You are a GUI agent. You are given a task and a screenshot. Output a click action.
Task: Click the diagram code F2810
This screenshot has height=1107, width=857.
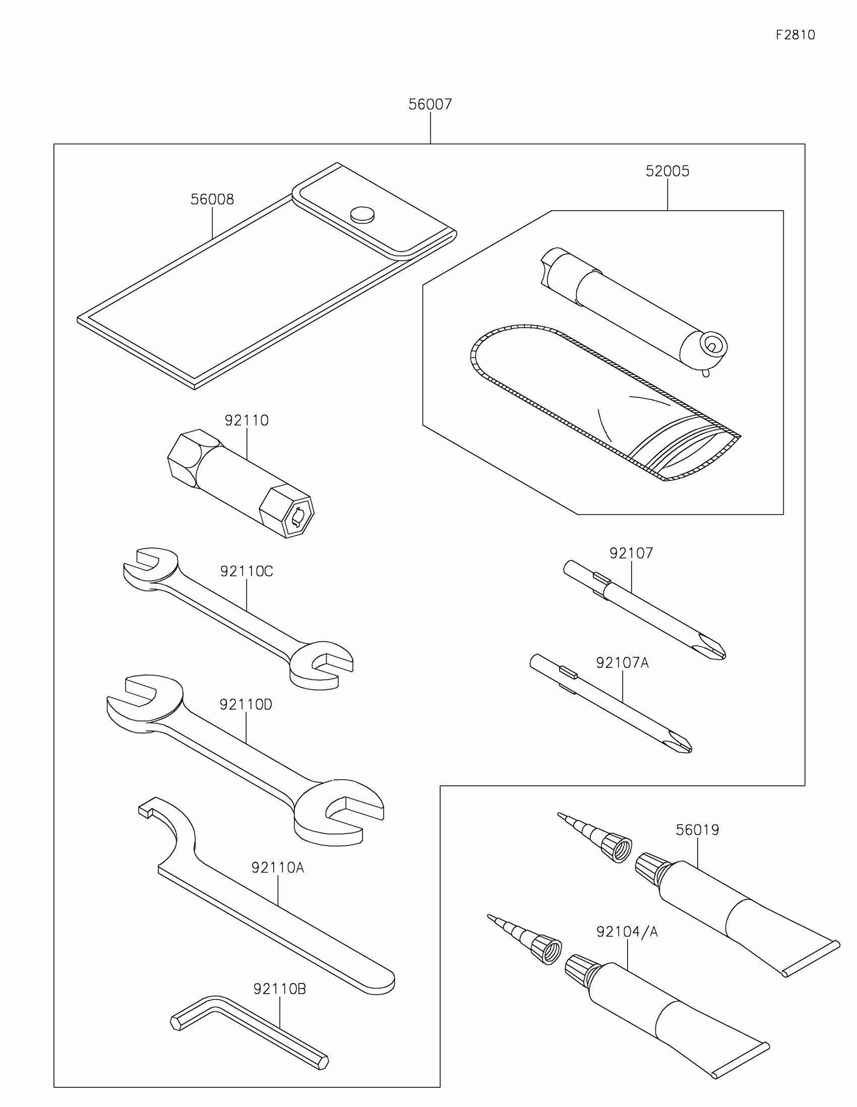coord(795,35)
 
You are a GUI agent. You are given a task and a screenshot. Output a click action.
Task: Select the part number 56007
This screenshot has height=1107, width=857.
coord(430,104)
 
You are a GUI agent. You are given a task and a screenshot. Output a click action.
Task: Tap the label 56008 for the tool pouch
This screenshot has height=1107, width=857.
coord(212,199)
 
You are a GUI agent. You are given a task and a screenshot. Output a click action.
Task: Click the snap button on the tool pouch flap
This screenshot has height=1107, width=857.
coord(362,214)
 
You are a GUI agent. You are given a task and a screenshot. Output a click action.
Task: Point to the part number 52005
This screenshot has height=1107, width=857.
coord(667,171)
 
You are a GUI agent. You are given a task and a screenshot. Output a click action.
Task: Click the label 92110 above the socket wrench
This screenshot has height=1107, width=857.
coord(247,420)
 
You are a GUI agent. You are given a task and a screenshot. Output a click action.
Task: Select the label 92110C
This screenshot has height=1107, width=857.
coord(247,571)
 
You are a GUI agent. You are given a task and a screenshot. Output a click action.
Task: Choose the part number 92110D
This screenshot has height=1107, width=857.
coord(246,705)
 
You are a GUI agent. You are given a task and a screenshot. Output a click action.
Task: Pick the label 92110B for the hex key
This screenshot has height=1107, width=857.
coord(279,989)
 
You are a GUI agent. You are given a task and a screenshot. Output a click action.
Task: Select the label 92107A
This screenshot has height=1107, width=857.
coord(622,662)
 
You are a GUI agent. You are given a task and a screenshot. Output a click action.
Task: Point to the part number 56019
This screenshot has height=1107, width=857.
coord(697,830)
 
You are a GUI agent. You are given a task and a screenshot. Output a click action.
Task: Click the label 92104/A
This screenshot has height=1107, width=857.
coord(627,932)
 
